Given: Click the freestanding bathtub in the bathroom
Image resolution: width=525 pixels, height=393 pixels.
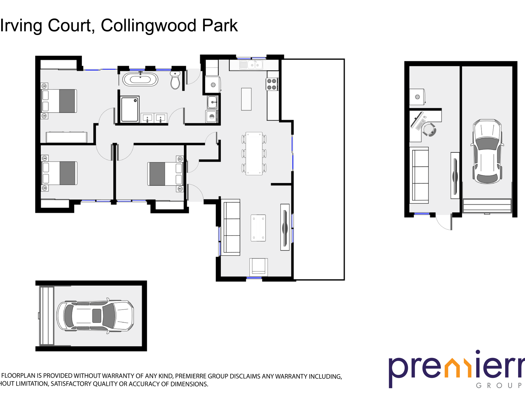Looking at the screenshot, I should [140, 79].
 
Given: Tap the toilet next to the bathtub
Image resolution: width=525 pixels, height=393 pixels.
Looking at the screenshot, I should [175, 80].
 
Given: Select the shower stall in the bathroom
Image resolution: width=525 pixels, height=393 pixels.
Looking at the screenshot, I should [130, 109].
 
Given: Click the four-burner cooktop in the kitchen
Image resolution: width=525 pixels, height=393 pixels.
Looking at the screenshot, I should [272, 84].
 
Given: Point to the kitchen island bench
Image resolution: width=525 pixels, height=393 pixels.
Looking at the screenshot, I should [246, 99].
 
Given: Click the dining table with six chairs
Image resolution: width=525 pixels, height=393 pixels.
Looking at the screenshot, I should [254, 153].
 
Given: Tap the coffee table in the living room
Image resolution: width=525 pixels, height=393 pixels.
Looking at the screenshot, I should [258, 228].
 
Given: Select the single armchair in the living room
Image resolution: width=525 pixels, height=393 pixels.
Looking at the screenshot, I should [258, 266].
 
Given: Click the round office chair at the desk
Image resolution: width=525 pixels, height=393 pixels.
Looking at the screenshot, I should [429, 130].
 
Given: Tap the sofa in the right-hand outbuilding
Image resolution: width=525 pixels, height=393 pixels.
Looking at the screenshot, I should [420, 175].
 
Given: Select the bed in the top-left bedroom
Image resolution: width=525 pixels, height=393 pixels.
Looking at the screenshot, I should [59, 101].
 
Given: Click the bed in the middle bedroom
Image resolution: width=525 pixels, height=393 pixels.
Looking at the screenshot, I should [165, 174].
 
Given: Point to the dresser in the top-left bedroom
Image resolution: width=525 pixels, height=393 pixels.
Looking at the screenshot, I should [66, 137].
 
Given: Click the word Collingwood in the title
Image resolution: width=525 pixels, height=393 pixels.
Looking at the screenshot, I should [148, 26].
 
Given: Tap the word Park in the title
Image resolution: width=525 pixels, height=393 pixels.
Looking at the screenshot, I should [220, 26].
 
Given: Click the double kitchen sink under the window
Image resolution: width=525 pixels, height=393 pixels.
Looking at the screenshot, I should [254, 65].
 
